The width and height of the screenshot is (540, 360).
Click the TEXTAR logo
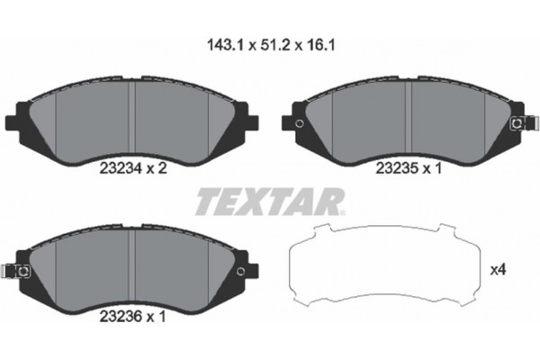[267, 202]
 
